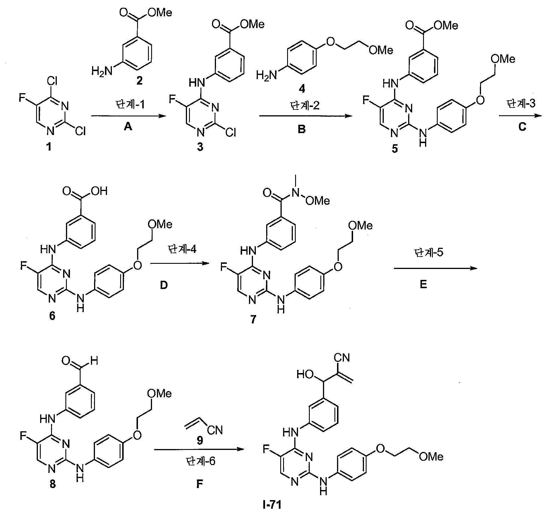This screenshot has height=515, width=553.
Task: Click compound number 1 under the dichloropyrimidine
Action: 49,147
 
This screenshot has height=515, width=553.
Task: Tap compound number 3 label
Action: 200,147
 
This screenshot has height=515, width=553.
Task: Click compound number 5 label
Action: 395,149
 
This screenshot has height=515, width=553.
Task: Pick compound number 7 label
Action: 253,319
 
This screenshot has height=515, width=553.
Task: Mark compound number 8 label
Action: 53,484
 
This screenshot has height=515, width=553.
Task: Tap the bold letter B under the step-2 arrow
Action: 302,130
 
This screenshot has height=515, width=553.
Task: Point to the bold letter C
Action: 522,127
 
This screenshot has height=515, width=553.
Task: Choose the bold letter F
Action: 200,484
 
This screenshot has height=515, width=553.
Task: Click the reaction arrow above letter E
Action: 436,268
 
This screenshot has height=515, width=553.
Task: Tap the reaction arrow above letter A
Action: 128,116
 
